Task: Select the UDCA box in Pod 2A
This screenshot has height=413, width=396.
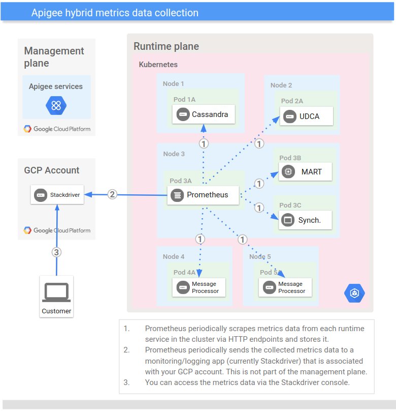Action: click(x=307, y=116)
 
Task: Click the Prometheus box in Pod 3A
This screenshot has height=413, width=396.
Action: click(x=203, y=195)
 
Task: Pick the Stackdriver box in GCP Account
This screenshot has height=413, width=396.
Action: click(x=57, y=195)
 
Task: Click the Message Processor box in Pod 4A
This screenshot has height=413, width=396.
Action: click(x=200, y=287)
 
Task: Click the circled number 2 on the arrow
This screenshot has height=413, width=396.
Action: click(x=112, y=194)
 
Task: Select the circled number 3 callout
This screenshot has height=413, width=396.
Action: click(x=57, y=252)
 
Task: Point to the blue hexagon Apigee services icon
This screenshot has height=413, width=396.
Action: click(x=56, y=106)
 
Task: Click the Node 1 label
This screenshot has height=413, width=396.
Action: click(x=174, y=83)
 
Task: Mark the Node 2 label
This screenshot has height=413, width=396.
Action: click(x=281, y=85)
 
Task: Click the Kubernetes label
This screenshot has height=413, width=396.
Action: click(x=158, y=65)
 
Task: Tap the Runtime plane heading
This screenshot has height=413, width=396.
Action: click(x=166, y=46)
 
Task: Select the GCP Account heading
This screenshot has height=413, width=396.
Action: click(x=52, y=170)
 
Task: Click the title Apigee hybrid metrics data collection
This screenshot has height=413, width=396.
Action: click(x=115, y=13)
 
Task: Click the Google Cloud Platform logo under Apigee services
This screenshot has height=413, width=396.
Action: click(x=57, y=129)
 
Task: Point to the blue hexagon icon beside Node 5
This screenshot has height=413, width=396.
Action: click(x=354, y=293)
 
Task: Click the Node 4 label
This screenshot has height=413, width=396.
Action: click(x=174, y=256)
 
